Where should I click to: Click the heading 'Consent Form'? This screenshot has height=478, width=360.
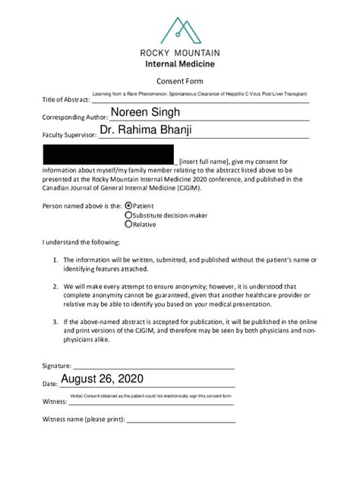[x=179, y=81]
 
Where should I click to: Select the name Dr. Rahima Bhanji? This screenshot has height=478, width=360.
[x=146, y=131]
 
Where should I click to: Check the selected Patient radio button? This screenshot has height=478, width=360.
[x=128, y=205]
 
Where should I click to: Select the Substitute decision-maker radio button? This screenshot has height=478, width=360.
[x=128, y=215]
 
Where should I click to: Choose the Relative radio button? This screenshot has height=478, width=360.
[x=128, y=225]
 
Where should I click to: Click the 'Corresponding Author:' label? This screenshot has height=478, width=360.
[x=74, y=118]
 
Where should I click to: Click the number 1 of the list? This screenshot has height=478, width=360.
[x=55, y=259]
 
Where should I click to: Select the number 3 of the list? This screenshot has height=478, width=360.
[x=55, y=322]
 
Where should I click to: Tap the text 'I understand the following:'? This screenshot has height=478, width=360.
[x=81, y=242]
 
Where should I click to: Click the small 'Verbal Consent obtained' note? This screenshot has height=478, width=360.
[x=150, y=396]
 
